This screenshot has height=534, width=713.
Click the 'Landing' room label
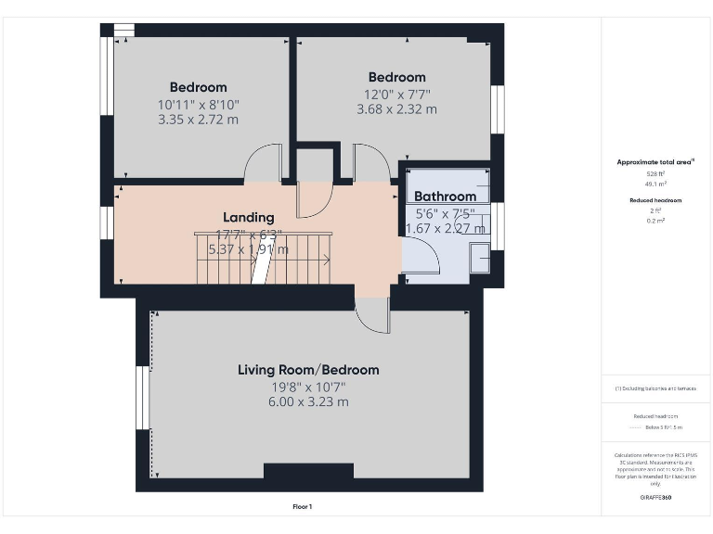[x=248, y=217]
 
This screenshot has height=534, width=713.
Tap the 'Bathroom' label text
[x=445, y=197]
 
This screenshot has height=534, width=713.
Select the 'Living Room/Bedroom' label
[x=308, y=370]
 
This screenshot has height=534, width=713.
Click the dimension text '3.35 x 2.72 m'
[x=198, y=120]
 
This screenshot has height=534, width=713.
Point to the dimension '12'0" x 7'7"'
[x=396, y=94]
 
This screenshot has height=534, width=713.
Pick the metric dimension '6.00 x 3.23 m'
[x=308, y=401]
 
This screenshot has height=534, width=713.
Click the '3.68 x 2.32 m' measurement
[x=396, y=109]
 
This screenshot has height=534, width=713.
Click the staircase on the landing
[x=263, y=259]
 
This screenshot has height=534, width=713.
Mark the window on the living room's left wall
[x=144, y=397]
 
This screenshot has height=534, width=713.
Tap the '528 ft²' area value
[x=655, y=173]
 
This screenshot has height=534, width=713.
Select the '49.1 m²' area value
[x=655, y=184]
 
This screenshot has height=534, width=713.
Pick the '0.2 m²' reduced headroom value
[x=655, y=221]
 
